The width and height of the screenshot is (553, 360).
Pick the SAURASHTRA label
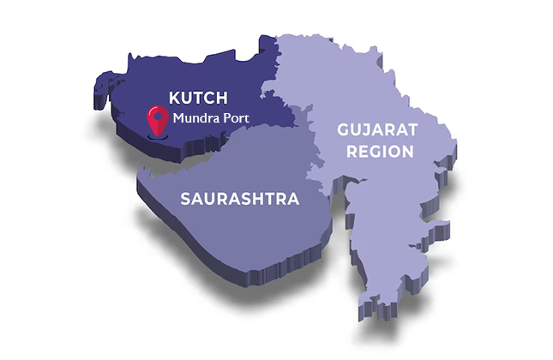239,200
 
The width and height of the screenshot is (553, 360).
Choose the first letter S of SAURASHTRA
184,200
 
